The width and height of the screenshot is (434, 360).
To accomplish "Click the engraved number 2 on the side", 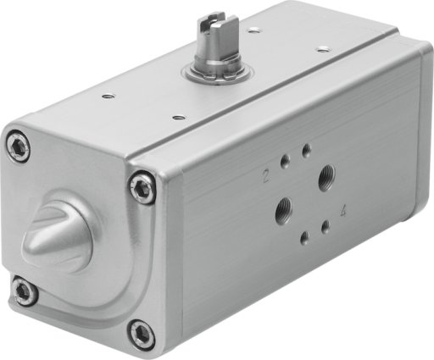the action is coord(265,176).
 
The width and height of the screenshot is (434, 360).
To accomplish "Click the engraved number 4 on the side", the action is coord(343,211).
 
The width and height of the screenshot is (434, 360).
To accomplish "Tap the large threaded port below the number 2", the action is coord(284,210).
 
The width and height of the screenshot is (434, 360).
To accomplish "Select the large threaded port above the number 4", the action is coord(327,178).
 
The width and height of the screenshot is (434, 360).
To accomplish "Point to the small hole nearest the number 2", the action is coord(285,163).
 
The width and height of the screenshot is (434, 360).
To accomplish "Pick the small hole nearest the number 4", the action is coord(326,226).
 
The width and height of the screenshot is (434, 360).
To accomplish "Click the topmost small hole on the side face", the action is coord(307,150).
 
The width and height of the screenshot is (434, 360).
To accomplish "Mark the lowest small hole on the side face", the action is coord(304,239).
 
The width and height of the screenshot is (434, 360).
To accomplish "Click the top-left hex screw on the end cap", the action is coord(18,147).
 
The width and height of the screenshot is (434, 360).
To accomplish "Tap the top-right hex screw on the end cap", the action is coord(142,186).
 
